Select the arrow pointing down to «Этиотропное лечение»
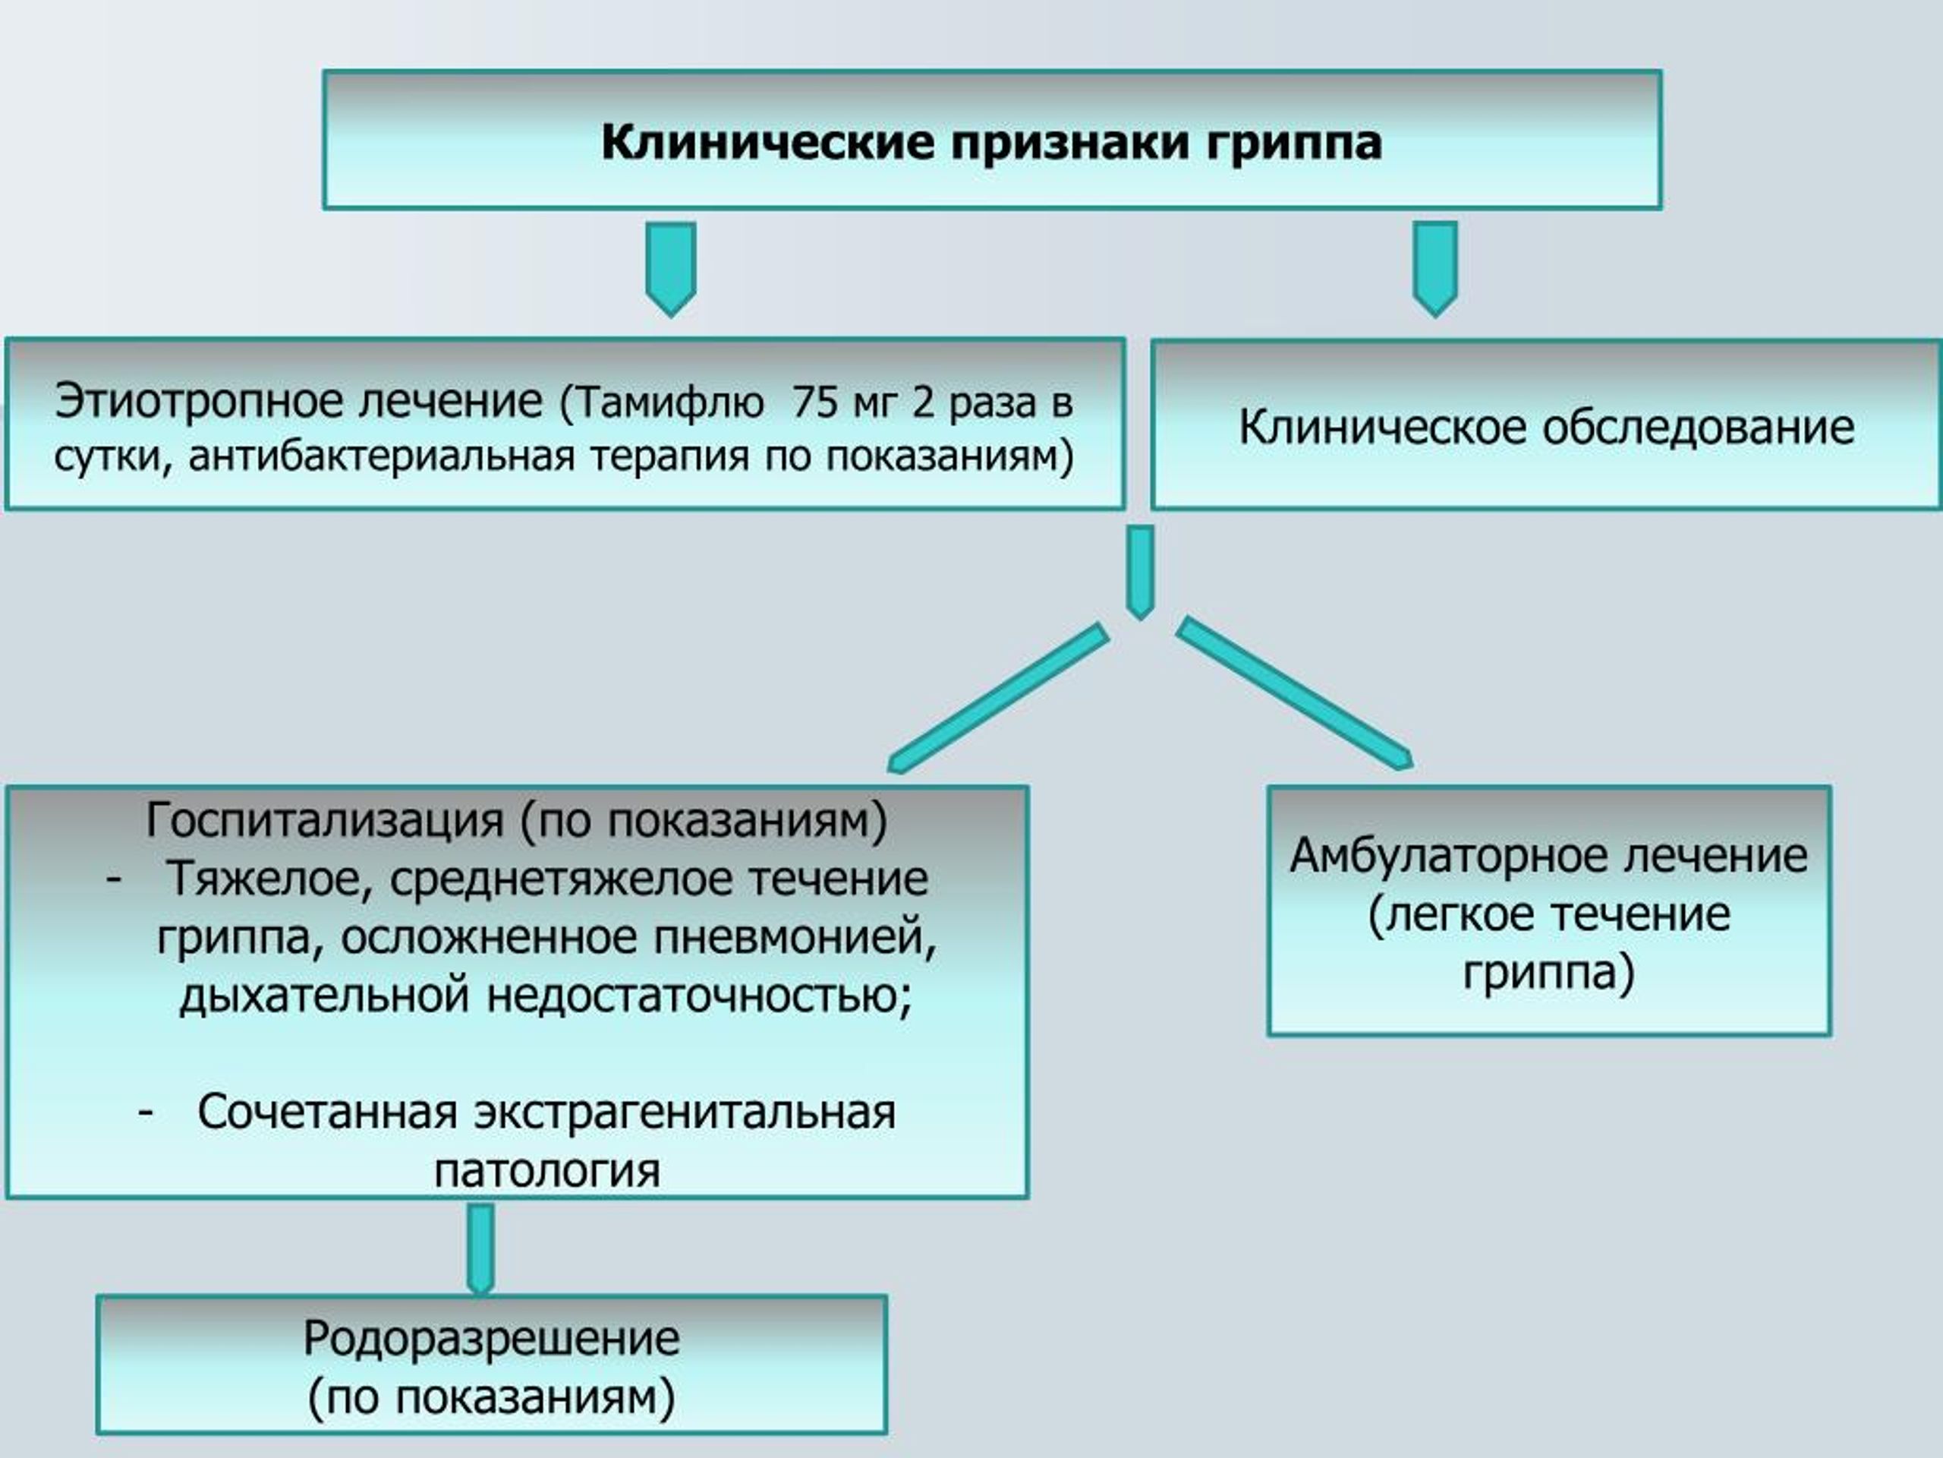pos(671,269)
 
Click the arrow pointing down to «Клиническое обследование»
pos(1435,269)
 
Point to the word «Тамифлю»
pos(669,403)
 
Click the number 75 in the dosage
pos(814,402)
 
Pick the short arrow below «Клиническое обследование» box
pos(1140,572)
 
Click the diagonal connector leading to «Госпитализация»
pos(999,699)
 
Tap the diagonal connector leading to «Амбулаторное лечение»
pos(1295,693)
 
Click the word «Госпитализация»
pos(324,820)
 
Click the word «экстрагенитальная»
pos(685,1112)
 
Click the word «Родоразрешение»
pos(491,1340)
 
